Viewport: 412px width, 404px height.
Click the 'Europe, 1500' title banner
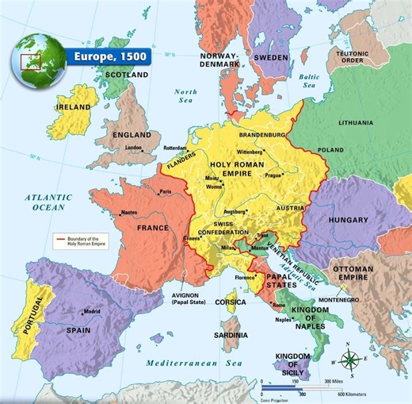[x=102, y=57]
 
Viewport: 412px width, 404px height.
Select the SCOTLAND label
[x=127, y=75]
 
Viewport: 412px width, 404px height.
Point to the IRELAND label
[x=73, y=106]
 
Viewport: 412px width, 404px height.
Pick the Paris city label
[x=166, y=191]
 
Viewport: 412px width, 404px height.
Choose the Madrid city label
[x=93, y=311]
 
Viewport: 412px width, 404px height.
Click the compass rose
[x=349, y=360]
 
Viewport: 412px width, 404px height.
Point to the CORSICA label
[x=232, y=302]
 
